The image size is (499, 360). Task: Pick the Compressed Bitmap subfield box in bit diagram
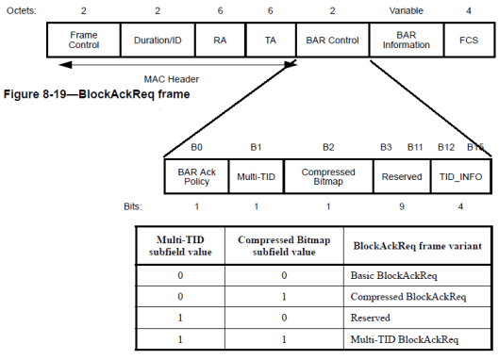pyautogui.click(x=328, y=176)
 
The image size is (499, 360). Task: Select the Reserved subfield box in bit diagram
pyautogui.click(x=402, y=176)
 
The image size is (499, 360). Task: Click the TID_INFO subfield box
pyautogui.click(x=458, y=176)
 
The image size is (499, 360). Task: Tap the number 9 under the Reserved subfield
pyautogui.click(x=402, y=205)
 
